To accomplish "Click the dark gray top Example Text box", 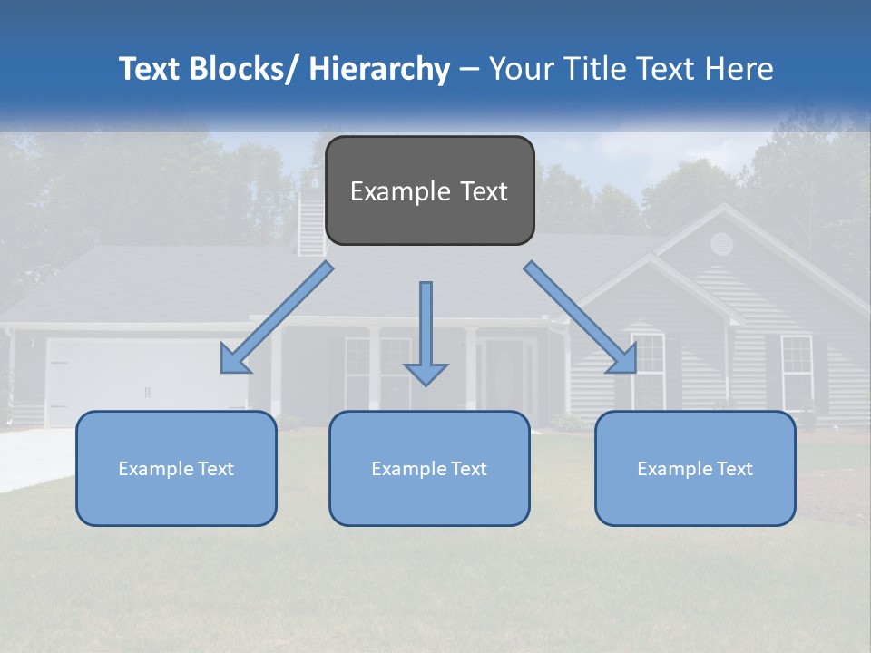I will (429, 190).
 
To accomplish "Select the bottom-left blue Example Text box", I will (176, 468).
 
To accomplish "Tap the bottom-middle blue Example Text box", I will (429, 468).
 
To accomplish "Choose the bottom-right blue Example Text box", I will (695, 468).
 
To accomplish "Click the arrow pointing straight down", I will (426, 336).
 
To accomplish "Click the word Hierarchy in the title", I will (379, 69).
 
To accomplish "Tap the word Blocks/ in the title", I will (240, 69).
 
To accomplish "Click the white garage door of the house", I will (145, 381).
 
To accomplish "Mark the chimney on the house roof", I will (311, 218).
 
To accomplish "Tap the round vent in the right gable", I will (721, 243).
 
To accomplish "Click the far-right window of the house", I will (797, 370).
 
